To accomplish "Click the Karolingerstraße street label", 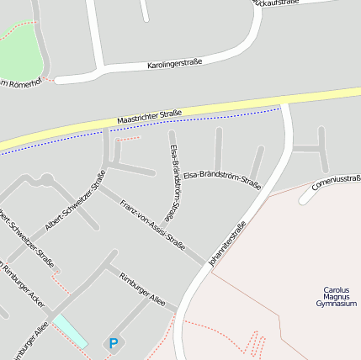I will click(x=175, y=64).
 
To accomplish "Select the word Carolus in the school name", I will click(x=336, y=290).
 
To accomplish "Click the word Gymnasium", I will click(x=337, y=304).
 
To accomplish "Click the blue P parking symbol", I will click(x=114, y=342).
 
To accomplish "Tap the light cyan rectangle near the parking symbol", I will click(x=70, y=331).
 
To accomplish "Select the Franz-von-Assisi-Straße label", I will click(x=152, y=225).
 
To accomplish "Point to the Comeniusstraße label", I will click(x=335, y=182).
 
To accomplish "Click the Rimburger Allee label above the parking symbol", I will click(x=142, y=289).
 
